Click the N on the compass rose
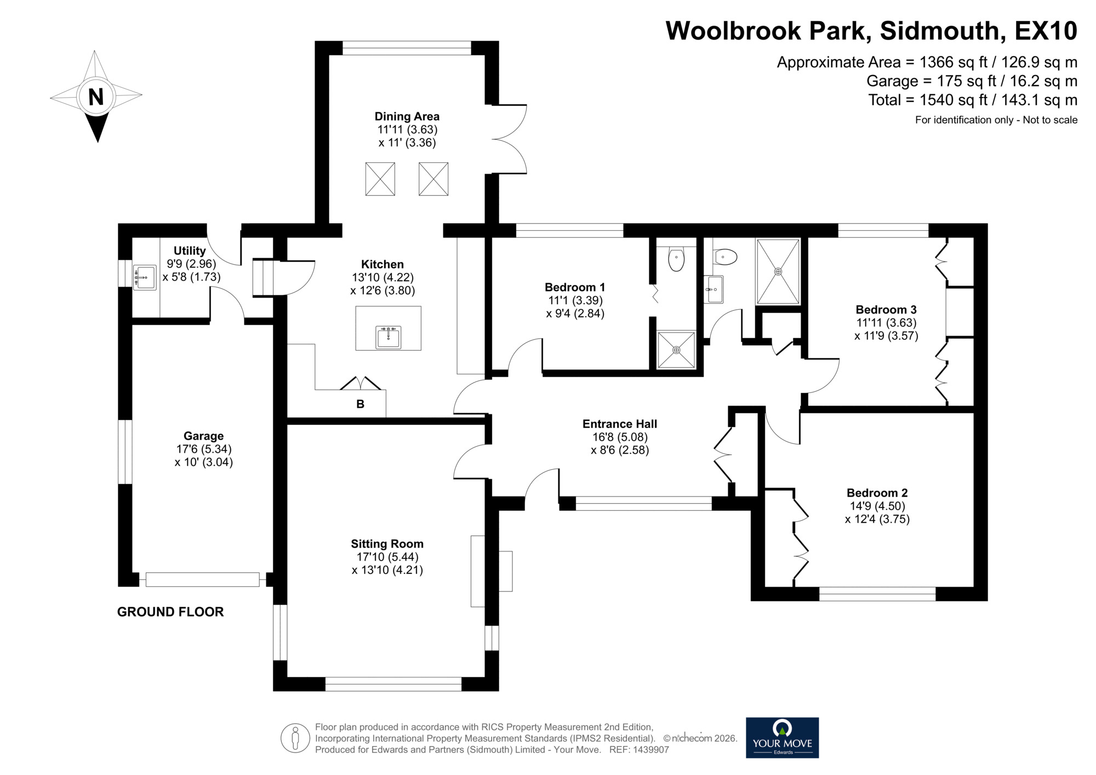[96, 97]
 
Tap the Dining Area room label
[407, 116]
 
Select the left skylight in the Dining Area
[380, 179]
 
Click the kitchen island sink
[389, 337]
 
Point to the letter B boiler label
[360, 404]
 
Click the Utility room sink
[144, 277]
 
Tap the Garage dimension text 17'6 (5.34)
[203, 449]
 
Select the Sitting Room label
[387, 544]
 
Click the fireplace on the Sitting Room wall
[490, 571]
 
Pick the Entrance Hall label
[619, 424]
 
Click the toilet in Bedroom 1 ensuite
[676, 259]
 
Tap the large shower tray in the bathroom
[778, 271]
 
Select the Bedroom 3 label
[886, 310]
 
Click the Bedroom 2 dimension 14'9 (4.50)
[877, 506]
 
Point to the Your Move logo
[782, 738]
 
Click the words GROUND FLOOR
[170, 612]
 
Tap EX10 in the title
[1046, 31]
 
